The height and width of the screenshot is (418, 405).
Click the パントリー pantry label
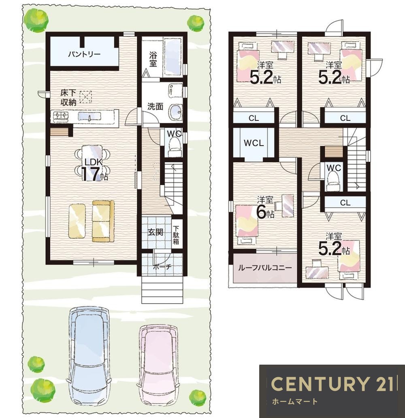pyautogui.click(x=84, y=55)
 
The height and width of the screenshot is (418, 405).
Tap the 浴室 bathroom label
pyautogui.click(x=153, y=59)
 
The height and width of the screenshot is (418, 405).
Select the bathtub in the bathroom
pyautogui.click(x=173, y=57)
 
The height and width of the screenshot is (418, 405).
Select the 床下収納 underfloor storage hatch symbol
pyautogui.click(x=85, y=97)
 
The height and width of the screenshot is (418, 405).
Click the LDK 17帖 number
pyautogui.click(x=90, y=174)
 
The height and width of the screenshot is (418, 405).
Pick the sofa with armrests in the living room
pyautogui.click(x=103, y=221)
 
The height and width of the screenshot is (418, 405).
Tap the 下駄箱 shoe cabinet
pyautogui.click(x=176, y=234)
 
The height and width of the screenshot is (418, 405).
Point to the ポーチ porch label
pyautogui.click(x=162, y=266)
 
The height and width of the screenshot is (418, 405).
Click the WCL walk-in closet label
pyautogui.click(x=254, y=143)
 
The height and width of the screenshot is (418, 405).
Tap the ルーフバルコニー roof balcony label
pyautogui.click(x=264, y=267)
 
